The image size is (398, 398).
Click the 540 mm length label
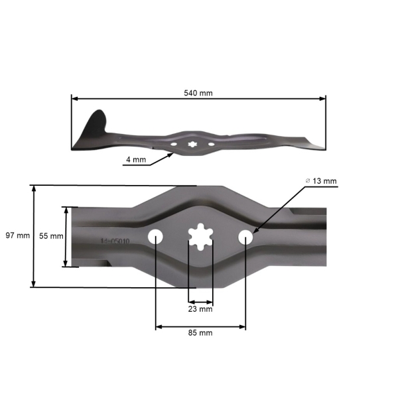click(198, 93)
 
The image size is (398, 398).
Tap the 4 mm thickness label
click(135, 160)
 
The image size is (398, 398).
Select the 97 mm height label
click(17, 236)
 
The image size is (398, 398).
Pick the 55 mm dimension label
click(51, 236)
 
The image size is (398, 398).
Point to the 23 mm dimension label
click(200, 309)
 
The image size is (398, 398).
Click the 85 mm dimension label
click(200, 333)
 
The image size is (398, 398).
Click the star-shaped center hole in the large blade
click(200, 237)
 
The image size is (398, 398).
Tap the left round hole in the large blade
click(156, 236)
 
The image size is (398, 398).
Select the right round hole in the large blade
click(245, 236)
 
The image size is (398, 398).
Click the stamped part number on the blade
click(115, 242)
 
